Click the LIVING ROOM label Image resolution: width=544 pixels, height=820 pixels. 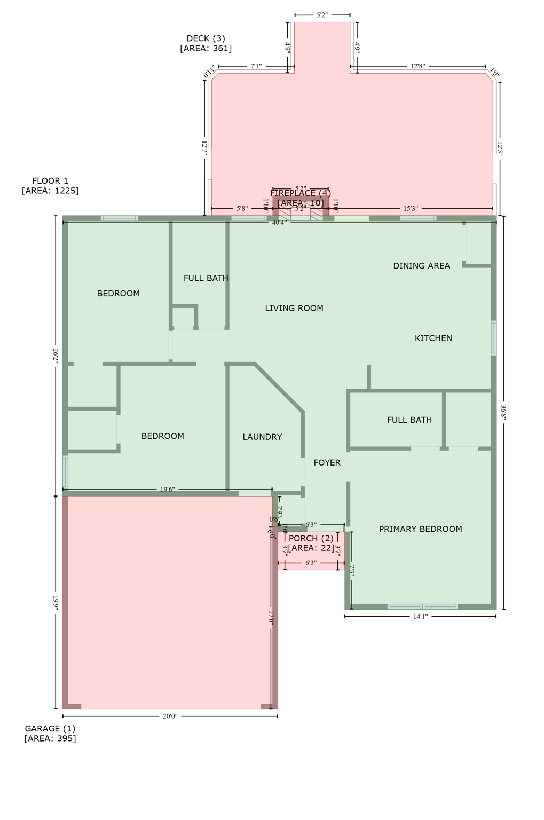point(294,308)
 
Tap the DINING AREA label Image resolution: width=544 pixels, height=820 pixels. point(421,266)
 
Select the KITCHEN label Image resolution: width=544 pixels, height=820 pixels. point(433,338)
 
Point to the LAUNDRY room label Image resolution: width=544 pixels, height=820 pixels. point(262,437)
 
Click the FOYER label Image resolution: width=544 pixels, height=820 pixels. point(327,463)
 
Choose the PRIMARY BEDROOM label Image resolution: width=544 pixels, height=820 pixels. point(420,529)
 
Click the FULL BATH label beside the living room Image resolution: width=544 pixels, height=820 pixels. point(206,278)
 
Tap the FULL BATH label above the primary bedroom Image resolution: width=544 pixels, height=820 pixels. point(409,420)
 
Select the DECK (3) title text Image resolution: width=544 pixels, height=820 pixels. point(206,38)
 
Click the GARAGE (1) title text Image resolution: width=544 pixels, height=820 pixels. point(50,729)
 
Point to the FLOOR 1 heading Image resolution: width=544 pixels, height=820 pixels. point(50,181)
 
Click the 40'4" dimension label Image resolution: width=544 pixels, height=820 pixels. point(279,223)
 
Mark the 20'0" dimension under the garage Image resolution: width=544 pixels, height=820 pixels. point(170,716)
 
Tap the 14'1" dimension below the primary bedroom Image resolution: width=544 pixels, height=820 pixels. point(420,617)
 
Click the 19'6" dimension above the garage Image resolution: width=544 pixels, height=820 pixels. point(167,490)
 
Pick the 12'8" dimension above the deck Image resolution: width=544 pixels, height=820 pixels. point(417,67)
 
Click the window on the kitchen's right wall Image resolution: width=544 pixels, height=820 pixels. point(494,338)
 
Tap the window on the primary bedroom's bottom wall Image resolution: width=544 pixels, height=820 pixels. point(422,606)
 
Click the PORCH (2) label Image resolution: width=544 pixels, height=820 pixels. point(311,539)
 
